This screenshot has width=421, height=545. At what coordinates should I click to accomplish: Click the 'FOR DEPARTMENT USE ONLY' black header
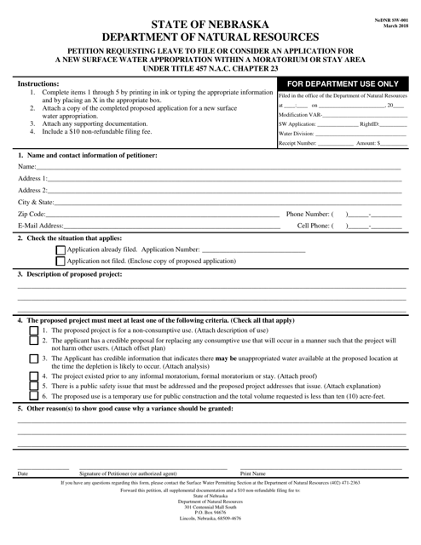(343, 85)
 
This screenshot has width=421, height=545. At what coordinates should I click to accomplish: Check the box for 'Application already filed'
(61, 250)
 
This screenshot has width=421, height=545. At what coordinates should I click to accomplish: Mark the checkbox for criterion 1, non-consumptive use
(33, 330)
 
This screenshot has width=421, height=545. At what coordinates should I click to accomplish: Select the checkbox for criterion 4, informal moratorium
(33, 376)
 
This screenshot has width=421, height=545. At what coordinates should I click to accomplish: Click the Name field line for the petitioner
(222, 167)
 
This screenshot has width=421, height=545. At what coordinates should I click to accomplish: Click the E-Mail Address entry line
(170, 226)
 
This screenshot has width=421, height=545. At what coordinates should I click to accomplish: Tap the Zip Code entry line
(162, 214)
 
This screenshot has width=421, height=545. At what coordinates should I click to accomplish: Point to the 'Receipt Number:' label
(297, 144)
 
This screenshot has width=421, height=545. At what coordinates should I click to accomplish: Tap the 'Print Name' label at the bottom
(253, 473)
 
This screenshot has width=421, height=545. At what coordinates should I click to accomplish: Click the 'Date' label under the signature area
(23, 473)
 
